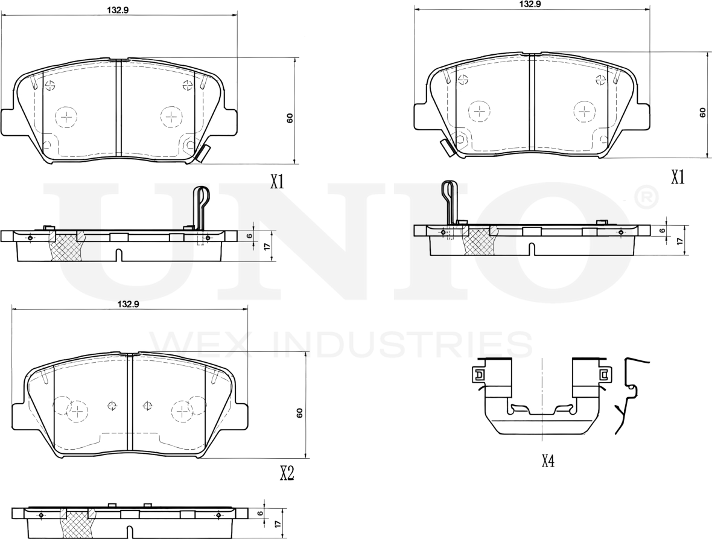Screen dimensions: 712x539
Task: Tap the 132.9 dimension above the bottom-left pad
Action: [x=127, y=305]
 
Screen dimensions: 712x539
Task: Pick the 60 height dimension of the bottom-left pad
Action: [x=299, y=413]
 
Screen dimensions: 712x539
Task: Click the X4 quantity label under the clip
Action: [x=548, y=461]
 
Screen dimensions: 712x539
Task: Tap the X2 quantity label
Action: [x=287, y=474]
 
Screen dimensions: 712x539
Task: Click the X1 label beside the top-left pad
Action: [x=277, y=182]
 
